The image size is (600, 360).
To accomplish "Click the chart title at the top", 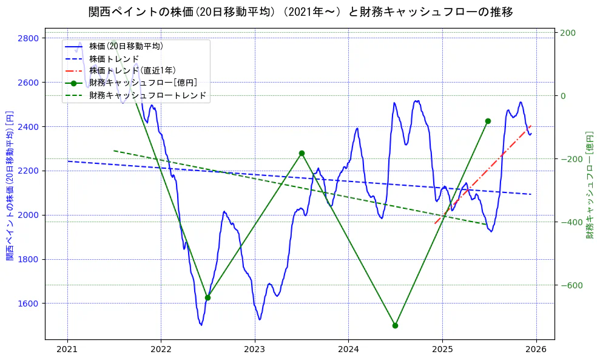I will click(x=300, y=12).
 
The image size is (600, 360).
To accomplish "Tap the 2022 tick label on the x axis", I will click(x=161, y=350).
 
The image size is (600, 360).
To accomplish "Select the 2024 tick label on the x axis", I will click(x=348, y=350).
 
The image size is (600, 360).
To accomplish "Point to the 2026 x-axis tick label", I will click(x=536, y=350).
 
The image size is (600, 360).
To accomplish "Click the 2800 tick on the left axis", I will click(x=28, y=38).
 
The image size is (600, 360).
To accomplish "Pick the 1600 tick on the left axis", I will click(x=28, y=304).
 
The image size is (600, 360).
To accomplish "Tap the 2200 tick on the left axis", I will click(x=28, y=171).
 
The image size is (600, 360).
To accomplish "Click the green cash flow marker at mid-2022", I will click(x=207, y=297).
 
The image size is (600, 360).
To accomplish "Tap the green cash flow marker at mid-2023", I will click(x=302, y=154).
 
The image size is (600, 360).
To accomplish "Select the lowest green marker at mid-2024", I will click(x=395, y=325).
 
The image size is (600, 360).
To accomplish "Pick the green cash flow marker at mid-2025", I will click(x=488, y=121).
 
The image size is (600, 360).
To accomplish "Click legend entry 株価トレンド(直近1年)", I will click(x=132, y=70).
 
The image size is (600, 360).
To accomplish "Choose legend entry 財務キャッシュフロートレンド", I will click(x=147, y=95).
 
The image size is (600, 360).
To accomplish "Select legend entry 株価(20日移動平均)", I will click(x=126, y=46).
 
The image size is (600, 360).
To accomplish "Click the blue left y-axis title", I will click(x=9, y=186).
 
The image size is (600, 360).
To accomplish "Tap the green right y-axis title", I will click(x=589, y=185).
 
